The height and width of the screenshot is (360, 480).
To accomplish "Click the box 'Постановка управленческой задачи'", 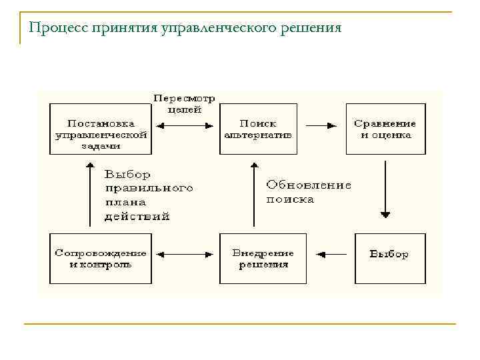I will (x=100, y=129).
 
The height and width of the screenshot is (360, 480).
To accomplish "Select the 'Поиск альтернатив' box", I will (x=258, y=129).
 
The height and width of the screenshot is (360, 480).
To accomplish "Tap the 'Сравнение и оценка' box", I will (x=385, y=129).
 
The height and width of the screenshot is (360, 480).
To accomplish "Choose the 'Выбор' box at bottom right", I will (x=389, y=258).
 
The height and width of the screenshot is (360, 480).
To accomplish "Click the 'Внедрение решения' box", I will (x=263, y=258).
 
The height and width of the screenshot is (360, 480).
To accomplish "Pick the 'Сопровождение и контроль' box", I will (x=100, y=258).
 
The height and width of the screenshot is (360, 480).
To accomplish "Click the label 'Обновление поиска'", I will (x=308, y=192).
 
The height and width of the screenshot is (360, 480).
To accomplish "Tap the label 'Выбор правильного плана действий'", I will (x=147, y=195).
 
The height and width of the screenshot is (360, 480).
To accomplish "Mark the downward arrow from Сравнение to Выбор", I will (x=385, y=190).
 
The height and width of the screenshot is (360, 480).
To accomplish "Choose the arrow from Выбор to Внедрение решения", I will (x=331, y=253).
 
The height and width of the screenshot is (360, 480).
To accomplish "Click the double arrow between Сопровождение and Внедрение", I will (x=185, y=253).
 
